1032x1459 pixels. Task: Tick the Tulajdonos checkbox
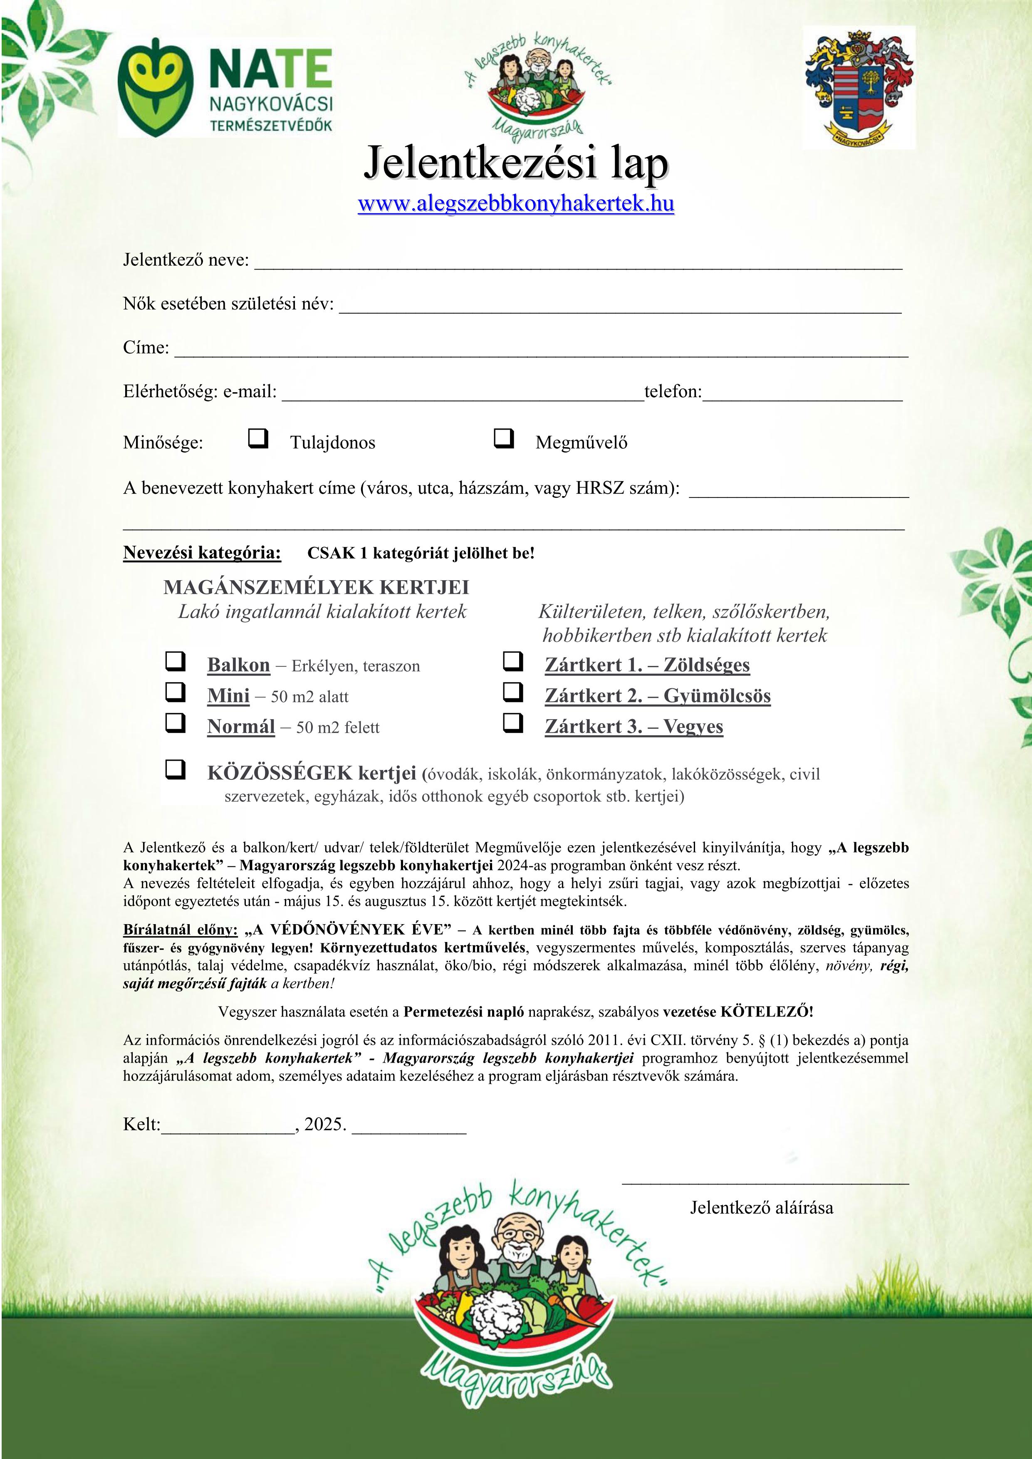tap(257, 438)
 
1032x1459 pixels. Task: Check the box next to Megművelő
tap(503, 438)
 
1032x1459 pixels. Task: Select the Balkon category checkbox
tap(176, 662)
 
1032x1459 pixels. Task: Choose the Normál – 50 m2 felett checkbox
tap(176, 722)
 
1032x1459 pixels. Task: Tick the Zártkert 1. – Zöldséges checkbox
tap(513, 662)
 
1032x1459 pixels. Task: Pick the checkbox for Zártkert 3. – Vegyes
tap(513, 722)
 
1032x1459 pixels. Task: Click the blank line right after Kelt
tap(228, 1133)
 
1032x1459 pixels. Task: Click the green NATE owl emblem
tap(155, 87)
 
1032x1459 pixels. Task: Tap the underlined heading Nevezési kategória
tap(201, 552)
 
